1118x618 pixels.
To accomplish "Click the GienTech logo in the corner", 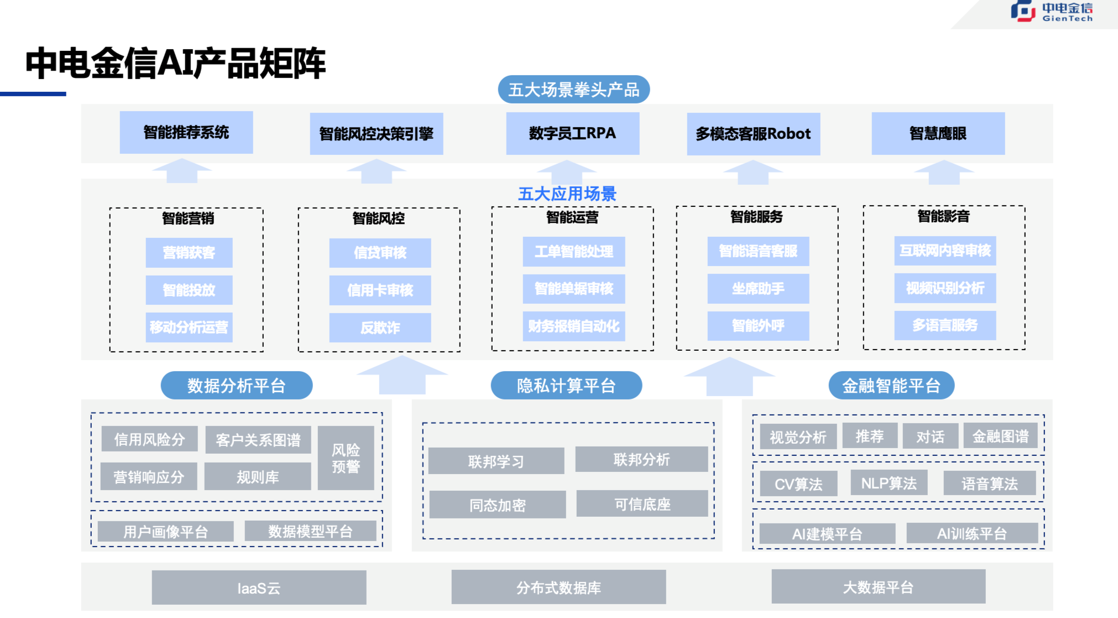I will [x=1051, y=12].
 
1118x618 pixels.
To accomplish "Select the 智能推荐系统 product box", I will [x=186, y=133].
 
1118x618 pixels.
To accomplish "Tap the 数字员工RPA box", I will [x=572, y=133].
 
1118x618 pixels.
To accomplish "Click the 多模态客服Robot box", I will [x=753, y=134].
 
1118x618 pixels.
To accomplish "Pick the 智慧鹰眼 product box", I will [x=938, y=133].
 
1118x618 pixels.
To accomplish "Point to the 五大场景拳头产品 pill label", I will [x=573, y=90].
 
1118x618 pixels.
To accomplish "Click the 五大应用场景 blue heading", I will [x=567, y=194].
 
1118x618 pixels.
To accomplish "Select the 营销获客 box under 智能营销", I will [x=189, y=253].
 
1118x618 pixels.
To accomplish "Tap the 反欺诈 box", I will [x=380, y=328].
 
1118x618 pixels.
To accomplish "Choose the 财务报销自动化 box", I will [x=573, y=326].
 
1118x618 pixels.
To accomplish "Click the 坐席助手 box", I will [x=758, y=288].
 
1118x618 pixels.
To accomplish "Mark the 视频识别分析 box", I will [x=945, y=288].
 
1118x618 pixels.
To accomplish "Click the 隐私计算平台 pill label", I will [x=566, y=386].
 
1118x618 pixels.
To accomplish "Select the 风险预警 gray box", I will [x=346, y=458].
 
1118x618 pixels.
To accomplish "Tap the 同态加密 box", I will [x=497, y=505].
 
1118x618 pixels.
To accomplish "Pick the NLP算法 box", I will [x=889, y=484].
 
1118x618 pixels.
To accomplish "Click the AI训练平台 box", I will [x=971, y=533].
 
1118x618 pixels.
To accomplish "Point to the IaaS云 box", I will [x=259, y=588].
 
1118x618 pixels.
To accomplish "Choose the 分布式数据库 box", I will [x=558, y=587].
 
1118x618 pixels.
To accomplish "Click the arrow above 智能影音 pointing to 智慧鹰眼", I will [x=944, y=172].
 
